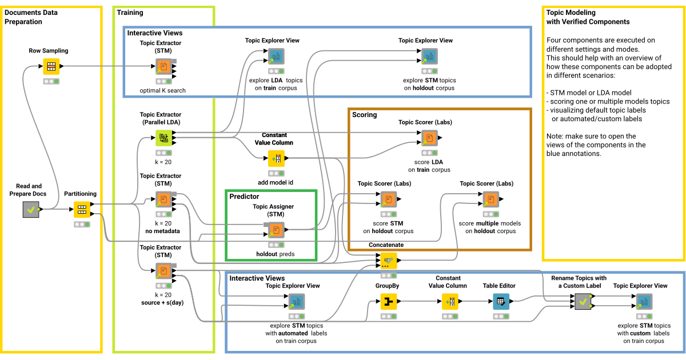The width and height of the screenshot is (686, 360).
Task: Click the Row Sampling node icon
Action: pos(51,66)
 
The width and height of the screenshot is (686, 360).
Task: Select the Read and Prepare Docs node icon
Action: pos(31,210)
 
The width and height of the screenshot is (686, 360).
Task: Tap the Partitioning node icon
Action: pos(82,210)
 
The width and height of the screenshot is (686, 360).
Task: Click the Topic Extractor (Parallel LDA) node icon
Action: pos(163,138)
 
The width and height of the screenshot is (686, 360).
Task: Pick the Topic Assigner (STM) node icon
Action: pos(276,230)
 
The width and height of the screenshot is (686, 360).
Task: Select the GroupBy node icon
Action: pos(389,301)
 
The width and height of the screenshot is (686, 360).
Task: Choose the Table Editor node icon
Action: pos(501,301)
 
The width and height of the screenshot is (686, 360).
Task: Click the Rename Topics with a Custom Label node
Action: pos(583,301)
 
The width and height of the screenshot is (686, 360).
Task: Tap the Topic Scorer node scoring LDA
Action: pos(429,138)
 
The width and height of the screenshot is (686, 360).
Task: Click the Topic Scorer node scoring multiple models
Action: pos(490,199)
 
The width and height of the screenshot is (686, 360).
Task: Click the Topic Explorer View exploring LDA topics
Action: pos(277,56)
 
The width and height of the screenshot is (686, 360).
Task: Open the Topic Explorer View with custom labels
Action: pos(644,301)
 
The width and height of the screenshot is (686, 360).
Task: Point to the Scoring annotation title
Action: pos(365,115)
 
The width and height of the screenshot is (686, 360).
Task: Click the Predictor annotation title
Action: pos(244,197)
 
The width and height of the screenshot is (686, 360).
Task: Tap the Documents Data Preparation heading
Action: pos(31,17)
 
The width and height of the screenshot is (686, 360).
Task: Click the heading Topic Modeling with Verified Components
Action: pos(588,17)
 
